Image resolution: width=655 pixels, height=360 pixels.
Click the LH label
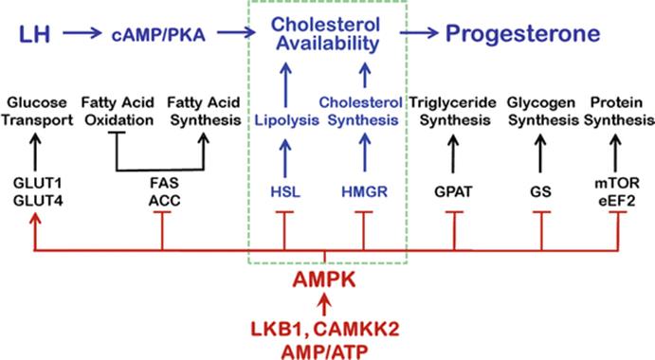[35, 34]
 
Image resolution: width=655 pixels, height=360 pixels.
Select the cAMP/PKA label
[158, 35]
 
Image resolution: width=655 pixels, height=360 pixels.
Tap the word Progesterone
[522, 34]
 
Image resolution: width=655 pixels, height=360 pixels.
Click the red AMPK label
[324, 279]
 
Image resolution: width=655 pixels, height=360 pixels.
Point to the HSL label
[285, 192]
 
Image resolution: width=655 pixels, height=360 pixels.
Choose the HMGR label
[365, 192]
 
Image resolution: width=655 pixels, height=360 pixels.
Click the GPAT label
[453, 192]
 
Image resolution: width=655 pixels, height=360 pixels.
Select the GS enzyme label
[540, 192]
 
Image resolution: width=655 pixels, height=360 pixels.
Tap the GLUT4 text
[38, 201]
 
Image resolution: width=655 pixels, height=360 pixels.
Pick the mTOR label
[617, 183]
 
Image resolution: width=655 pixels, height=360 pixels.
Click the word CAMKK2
[355, 330]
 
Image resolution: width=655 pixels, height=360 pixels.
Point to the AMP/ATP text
[324, 351]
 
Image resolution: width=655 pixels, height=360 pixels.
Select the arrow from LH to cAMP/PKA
[82, 32]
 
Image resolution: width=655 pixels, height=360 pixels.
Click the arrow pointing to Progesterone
[419, 32]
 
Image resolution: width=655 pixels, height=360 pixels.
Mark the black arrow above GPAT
[453, 153]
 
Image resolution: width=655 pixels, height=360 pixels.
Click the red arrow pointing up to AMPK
[324, 305]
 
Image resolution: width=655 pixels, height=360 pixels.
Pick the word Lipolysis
[287, 120]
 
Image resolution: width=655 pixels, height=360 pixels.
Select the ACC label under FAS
[165, 201]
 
